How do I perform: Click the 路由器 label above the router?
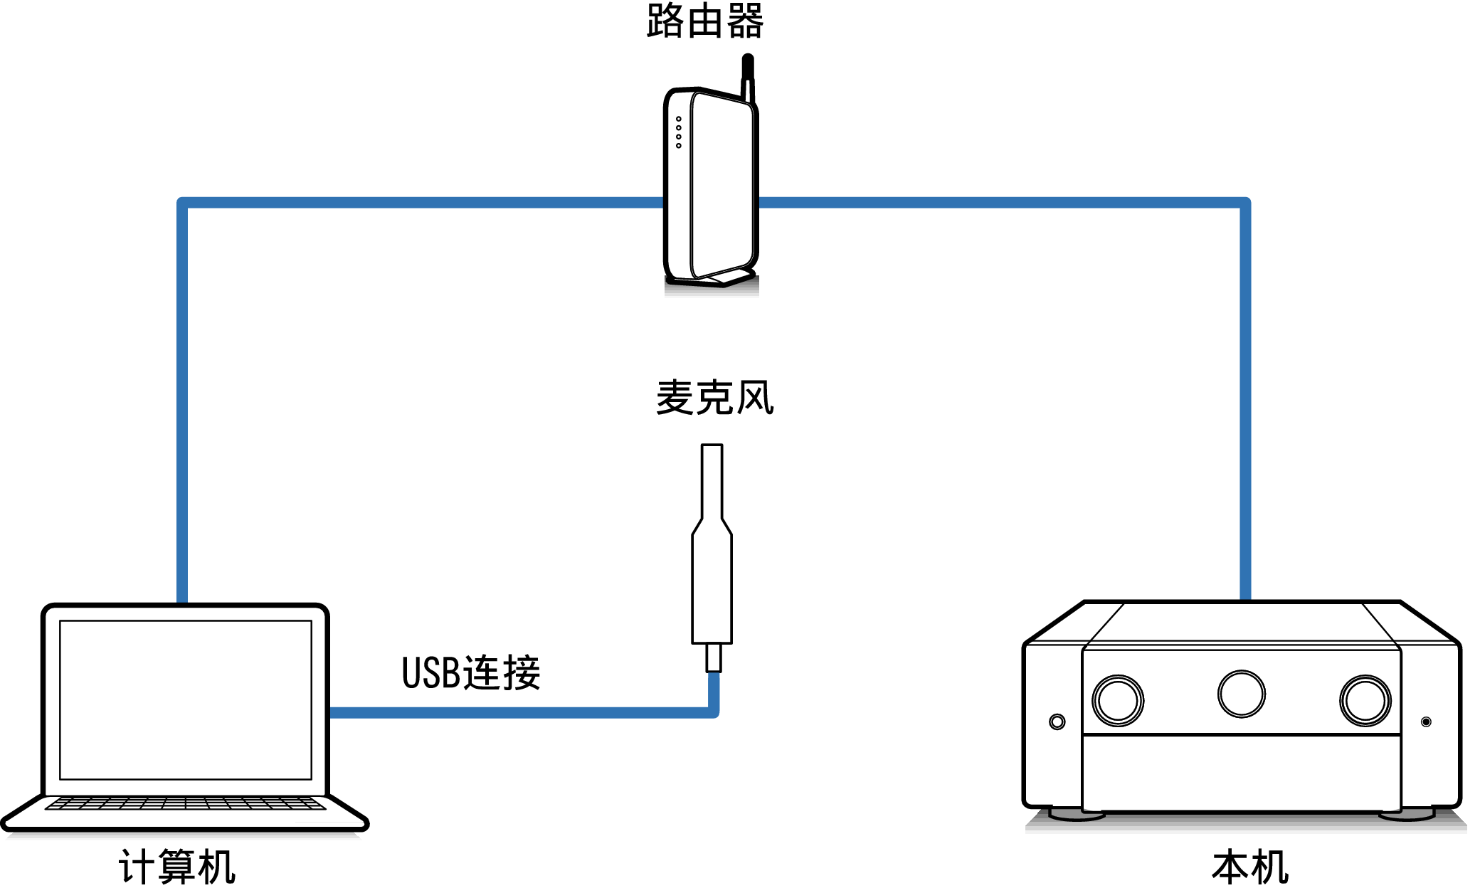coord(704,21)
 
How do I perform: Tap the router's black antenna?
coord(747,71)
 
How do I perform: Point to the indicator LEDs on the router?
coord(679,132)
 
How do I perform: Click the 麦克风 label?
coord(714,397)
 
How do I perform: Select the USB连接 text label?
coord(471,672)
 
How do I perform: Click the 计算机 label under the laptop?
coord(176,867)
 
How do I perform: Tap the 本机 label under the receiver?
coord(1250,867)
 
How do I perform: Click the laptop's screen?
coord(186,699)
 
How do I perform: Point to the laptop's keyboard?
coord(185,803)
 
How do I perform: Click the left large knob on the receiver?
coord(1118,700)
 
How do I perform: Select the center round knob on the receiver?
coord(1242,694)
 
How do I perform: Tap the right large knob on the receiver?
coord(1365,700)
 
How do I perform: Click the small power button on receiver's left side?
coord(1057,721)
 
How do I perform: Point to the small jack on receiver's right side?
coord(1426,721)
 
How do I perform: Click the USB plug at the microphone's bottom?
coord(713,657)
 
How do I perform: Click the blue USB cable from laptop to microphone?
coord(519,712)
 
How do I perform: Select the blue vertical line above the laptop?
coord(182,398)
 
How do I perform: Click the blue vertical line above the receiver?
coord(1245,398)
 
